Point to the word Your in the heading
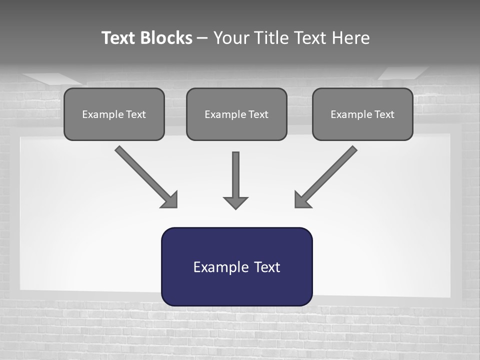coord(231,38)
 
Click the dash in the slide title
coord(202,38)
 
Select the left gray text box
coord(114,114)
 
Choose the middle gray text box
coord(236,114)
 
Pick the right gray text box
coord(362,114)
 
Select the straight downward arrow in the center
coord(235,175)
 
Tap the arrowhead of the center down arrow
coord(235,202)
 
